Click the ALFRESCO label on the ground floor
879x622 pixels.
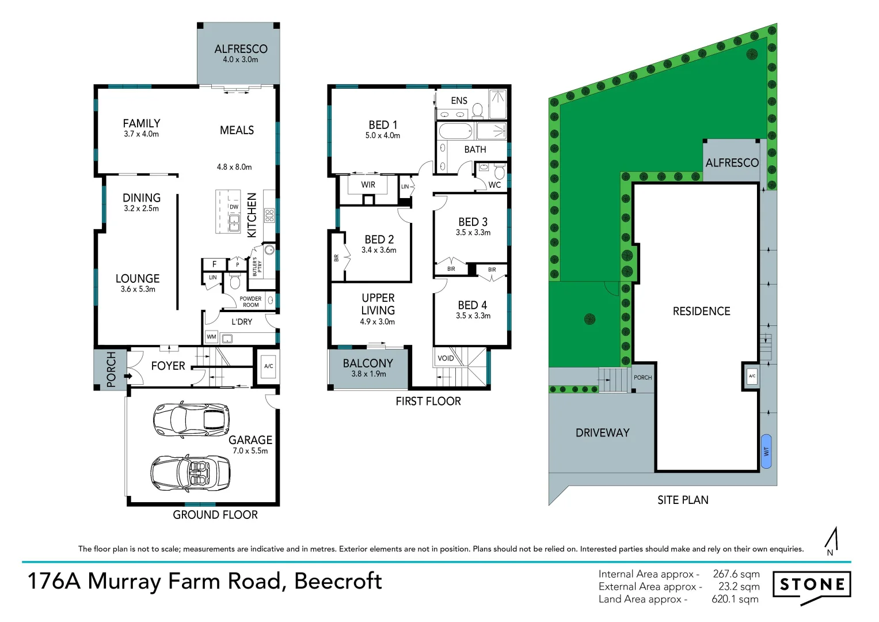coord(241,49)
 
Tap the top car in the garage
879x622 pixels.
coord(191,420)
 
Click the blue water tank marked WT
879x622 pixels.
coord(766,451)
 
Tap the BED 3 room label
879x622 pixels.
coord(473,222)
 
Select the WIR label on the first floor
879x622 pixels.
coord(368,184)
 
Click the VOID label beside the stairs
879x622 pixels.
coord(446,358)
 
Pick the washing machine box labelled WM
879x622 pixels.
coord(211,336)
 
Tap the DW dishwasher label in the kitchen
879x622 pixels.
coord(234,207)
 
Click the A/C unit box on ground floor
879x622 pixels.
coord(268,366)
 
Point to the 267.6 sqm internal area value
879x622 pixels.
coord(736,574)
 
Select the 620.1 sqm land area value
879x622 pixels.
coord(735,599)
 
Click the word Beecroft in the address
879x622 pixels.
coord(338,581)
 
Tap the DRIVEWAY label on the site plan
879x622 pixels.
coord(602,433)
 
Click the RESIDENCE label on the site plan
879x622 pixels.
coord(702,312)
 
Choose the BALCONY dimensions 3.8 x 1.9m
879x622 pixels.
coord(368,374)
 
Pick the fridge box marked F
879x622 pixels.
coord(214,264)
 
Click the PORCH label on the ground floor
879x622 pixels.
coord(111,369)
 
